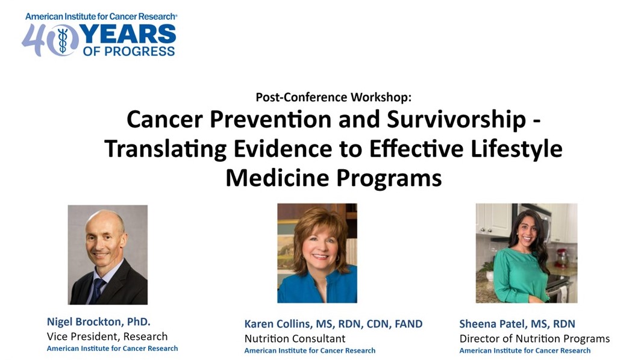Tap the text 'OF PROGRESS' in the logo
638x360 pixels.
(x=129, y=51)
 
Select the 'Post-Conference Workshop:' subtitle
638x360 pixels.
(x=333, y=97)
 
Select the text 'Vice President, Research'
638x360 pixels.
(x=107, y=337)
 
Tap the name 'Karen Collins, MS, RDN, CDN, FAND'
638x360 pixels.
(x=333, y=324)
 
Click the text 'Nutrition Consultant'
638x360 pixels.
(x=295, y=338)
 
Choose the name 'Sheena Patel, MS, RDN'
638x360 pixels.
(x=517, y=324)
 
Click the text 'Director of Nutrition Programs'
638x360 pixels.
(x=534, y=338)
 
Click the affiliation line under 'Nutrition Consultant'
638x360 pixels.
(x=310, y=350)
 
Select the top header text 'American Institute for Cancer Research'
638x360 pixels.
(x=101, y=16)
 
